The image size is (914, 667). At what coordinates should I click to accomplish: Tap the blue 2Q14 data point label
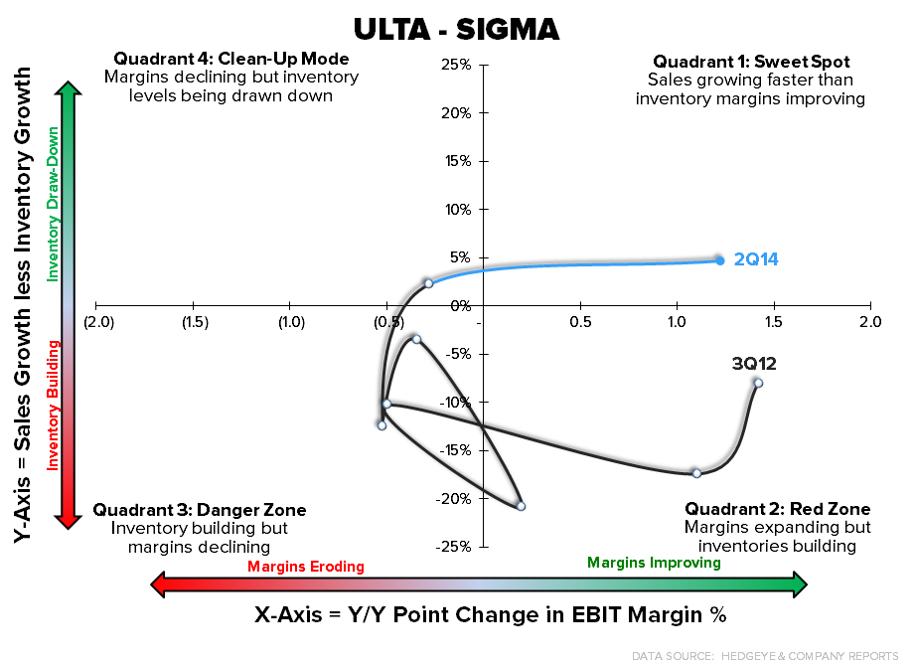(756, 260)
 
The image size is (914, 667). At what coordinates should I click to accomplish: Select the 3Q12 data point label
(754, 364)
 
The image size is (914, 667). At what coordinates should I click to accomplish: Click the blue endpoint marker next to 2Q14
(719, 259)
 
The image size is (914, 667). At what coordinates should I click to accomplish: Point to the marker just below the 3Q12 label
(758, 383)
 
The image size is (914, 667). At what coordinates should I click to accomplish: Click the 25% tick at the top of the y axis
(456, 66)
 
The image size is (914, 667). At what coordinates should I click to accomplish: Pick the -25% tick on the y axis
(454, 547)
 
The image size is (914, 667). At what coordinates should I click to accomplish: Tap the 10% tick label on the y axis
(456, 210)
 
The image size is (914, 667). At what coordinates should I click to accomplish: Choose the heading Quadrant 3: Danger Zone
(200, 510)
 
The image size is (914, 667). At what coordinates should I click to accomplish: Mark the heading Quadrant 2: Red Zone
(777, 510)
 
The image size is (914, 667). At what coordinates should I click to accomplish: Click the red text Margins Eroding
(306, 567)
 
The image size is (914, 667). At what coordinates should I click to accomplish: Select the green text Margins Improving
(654, 563)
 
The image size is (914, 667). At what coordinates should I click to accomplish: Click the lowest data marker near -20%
(521, 506)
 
